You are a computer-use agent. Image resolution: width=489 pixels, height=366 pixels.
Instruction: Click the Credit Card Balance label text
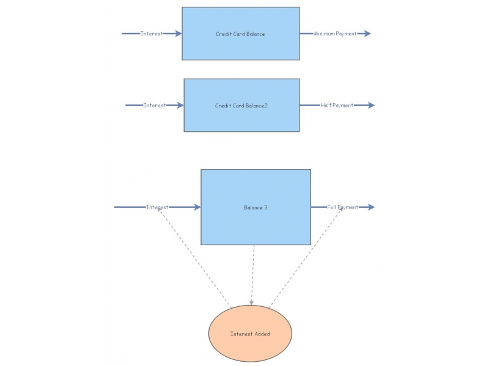[x=240, y=34]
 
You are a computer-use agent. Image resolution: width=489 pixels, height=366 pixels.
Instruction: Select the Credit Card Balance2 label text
[x=241, y=106]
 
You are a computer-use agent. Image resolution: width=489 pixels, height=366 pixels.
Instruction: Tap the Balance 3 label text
[x=256, y=207]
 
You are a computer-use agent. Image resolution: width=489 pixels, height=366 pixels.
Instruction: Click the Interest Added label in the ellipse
[x=250, y=334]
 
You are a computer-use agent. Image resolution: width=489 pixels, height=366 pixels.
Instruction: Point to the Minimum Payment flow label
[x=335, y=34]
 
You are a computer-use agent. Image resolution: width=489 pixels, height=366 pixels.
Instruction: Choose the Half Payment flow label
[x=337, y=106]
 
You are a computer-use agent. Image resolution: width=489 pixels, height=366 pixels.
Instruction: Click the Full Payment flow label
[x=342, y=207]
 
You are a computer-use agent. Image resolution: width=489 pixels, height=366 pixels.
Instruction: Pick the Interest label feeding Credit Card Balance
[x=151, y=34]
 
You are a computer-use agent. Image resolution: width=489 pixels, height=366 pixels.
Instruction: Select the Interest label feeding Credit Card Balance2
[x=155, y=105]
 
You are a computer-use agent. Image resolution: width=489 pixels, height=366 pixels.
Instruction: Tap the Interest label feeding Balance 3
[x=157, y=207]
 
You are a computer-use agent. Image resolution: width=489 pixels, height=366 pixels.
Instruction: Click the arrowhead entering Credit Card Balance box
[x=178, y=34]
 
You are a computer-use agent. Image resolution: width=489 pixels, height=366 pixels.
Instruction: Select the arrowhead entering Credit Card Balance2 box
[x=180, y=105]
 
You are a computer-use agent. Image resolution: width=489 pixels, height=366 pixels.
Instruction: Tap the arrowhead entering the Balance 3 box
[x=197, y=207]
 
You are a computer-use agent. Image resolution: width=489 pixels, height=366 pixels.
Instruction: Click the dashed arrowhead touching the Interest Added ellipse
[x=251, y=303]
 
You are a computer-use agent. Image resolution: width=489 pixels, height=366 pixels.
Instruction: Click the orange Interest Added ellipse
[x=250, y=333]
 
